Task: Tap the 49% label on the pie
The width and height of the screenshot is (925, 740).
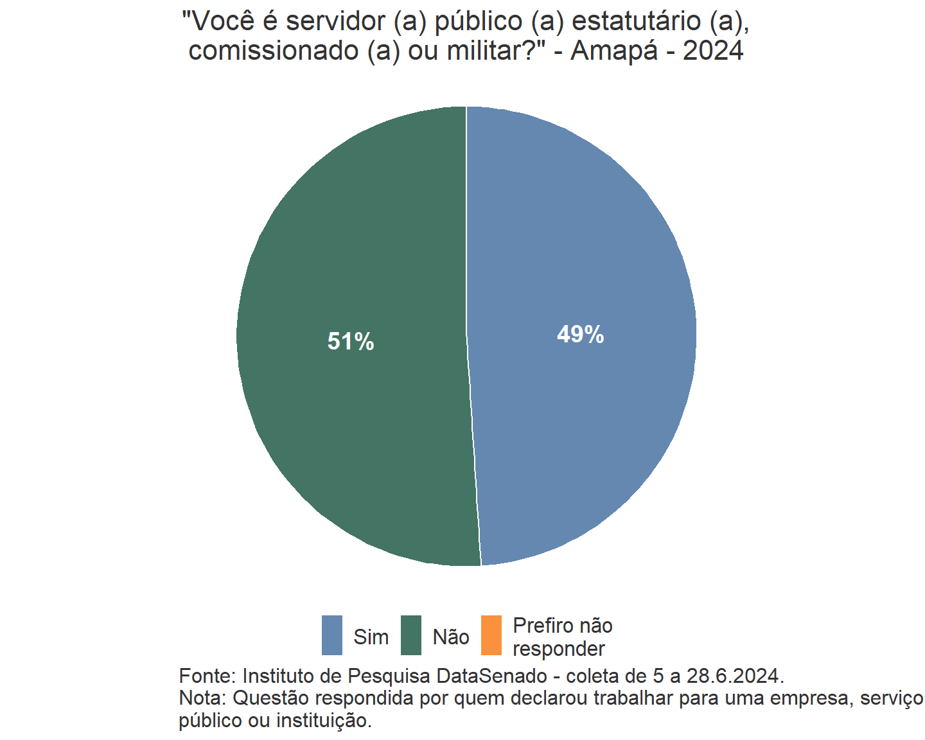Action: tap(580, 335)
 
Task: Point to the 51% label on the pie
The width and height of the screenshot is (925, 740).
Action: tap(351, 342)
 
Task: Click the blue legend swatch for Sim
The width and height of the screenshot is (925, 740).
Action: tap(332, 635)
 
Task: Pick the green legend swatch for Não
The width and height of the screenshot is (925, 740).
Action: tap(411, 635)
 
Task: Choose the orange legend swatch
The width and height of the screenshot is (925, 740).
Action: tap(491, 635)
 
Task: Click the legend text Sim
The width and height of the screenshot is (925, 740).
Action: tap(371, 637)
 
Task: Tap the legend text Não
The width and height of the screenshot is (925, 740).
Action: tap(451, 637)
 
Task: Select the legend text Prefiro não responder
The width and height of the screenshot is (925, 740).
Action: tap(562, 637)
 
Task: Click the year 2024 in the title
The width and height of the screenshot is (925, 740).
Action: tap(713, 51)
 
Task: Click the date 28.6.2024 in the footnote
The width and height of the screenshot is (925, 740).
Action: tap(735, 676)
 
